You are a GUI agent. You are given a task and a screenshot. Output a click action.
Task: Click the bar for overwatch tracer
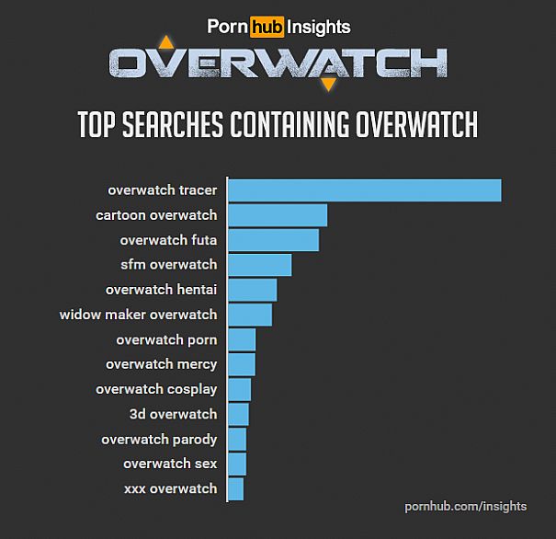point(364,190)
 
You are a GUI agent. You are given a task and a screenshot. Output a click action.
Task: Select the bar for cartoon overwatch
point(278,215)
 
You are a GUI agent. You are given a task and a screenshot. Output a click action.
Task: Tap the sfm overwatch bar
point(259,265)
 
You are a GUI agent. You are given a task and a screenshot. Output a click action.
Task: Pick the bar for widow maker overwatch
point(250,315)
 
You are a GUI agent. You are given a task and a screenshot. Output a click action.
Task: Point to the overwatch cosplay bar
point(239,389)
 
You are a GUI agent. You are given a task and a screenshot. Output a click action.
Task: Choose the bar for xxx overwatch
point(235,488)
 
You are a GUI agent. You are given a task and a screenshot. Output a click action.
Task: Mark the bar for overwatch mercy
point(241,364)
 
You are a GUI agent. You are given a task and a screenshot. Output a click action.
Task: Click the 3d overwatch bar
point(238,414)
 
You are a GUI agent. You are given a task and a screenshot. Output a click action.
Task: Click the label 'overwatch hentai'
point(161,290)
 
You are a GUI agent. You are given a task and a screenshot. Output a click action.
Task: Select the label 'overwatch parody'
point(159,439)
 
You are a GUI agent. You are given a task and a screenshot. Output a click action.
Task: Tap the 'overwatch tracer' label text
point(162,190)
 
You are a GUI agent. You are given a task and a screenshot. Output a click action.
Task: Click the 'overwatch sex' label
point(170,464)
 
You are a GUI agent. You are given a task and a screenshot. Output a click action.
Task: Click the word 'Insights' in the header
point(318,28)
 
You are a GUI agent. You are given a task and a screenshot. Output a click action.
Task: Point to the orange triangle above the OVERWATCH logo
point(165,42)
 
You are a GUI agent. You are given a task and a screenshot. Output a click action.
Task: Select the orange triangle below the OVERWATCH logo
point(328,85)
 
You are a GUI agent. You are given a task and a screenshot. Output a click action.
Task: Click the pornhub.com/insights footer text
point(465,506)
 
